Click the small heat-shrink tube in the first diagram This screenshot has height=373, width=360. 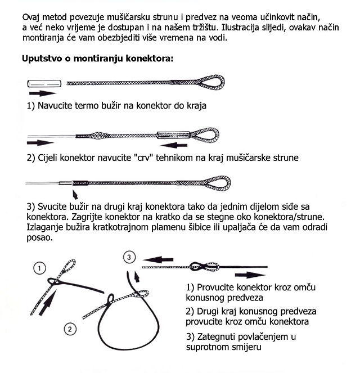[x=43, y=82]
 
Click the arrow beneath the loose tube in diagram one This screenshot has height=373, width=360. [x=44, y=93]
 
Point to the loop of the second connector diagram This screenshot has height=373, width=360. [x=216, y=134]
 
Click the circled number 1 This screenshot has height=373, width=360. [x=40, y=268]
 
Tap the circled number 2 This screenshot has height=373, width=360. [x=69, y=328]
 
